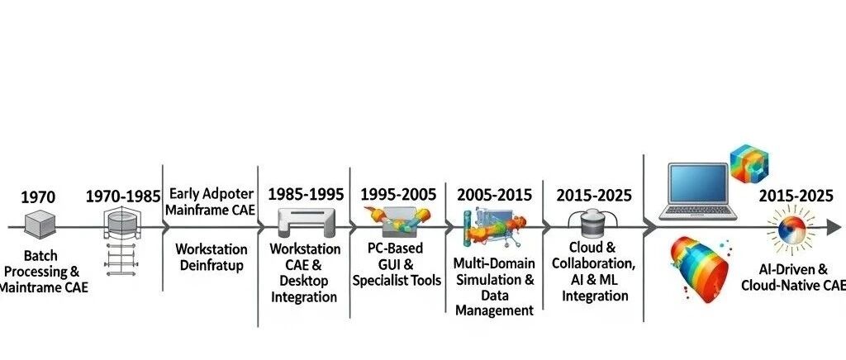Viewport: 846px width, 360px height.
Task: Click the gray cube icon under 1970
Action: pos(40,225)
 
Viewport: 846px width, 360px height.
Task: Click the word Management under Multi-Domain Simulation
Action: pos(494,310)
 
